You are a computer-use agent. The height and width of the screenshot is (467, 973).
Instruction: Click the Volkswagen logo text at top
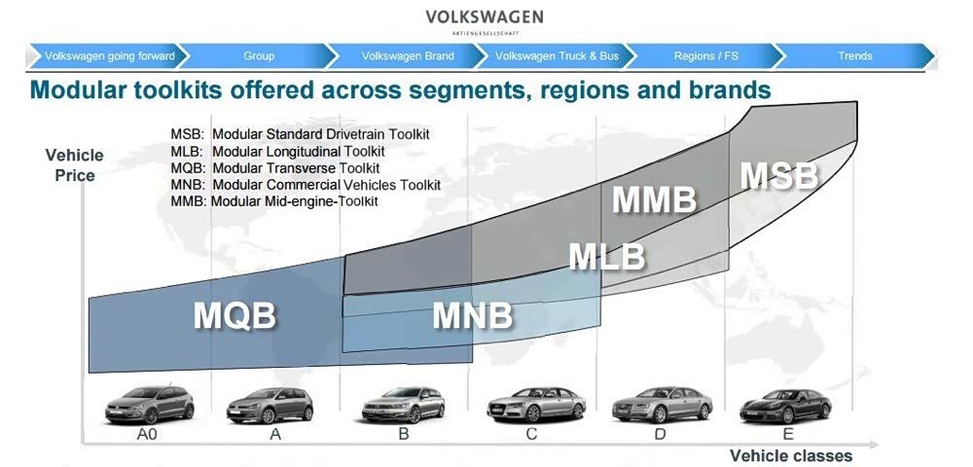point(484,17)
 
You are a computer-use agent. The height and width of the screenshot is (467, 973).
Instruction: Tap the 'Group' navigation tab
point(259,55)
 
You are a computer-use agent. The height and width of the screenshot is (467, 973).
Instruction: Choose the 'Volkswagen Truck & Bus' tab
point(558,55)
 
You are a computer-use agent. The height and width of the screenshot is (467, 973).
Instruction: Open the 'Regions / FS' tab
point(706,55)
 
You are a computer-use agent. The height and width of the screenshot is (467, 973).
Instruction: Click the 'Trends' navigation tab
point(855,55)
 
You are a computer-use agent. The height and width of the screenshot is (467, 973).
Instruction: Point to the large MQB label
point(235,315)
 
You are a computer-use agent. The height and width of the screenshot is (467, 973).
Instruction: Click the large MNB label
point(474,315)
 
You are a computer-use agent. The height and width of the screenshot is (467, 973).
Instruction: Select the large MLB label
point(607,257)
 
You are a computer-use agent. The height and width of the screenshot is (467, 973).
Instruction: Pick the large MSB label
point(780,175)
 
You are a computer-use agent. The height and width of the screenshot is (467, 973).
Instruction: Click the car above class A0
point(150,405)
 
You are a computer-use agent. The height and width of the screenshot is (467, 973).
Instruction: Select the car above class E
point(785,407)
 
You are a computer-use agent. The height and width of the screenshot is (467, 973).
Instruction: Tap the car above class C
point(536,405)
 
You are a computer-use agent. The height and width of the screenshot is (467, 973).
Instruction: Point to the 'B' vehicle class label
point(404,434)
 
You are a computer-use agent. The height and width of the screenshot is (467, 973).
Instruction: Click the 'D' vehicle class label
point(661,434)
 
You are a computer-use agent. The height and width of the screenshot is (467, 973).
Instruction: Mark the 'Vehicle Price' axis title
point(75,165)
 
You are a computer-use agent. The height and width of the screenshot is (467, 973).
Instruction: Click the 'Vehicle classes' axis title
point(790,456)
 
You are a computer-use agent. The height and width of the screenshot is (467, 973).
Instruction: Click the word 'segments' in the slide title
point(447,90)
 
